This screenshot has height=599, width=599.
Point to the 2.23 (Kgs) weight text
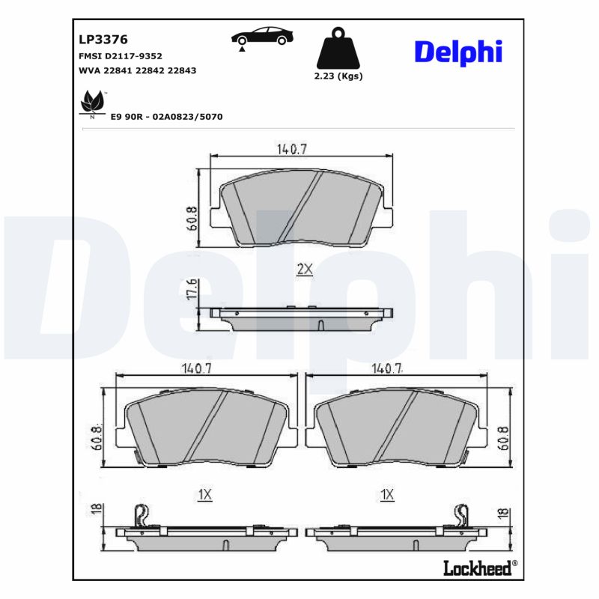coord(338,76)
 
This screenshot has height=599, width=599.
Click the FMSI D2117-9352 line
coord(120,56)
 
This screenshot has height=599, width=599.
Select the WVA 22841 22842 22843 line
coord(137,70)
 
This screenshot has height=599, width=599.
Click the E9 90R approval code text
coord(166,118)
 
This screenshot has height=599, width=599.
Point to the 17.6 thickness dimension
coord(192,291)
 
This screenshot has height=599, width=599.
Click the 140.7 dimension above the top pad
coord(292,149)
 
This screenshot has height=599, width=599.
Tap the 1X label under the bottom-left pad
coord(205,494)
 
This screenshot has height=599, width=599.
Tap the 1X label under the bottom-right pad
coord(387,494)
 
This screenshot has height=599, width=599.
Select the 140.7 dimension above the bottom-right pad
coord(387,368)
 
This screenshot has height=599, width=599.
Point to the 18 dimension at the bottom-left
coord(96,511)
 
